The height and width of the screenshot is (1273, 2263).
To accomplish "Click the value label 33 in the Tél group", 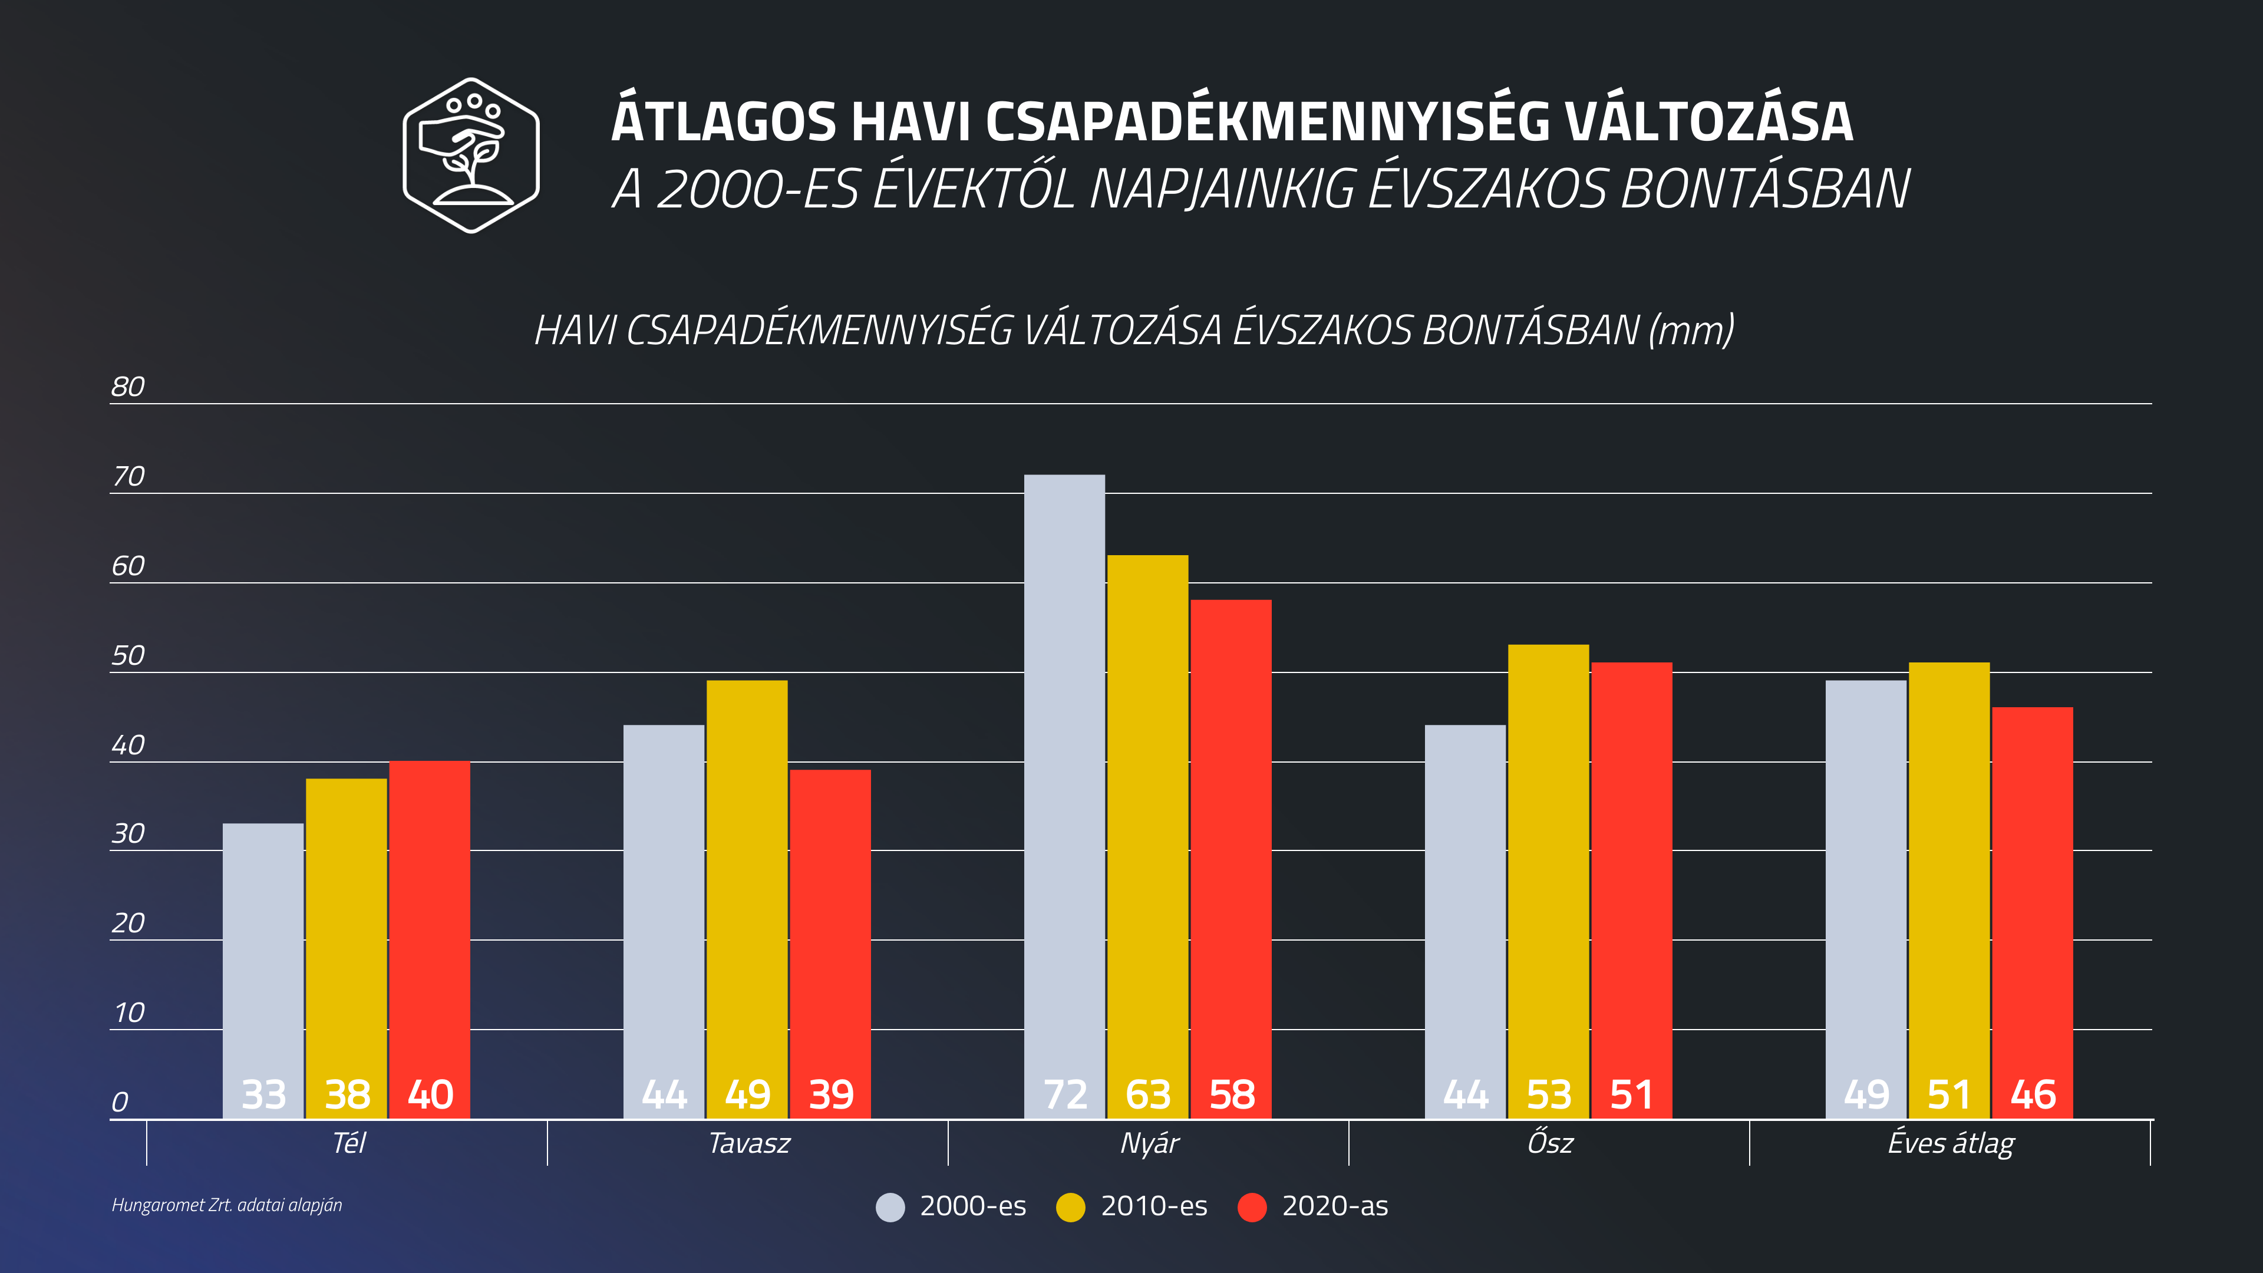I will [x=263, y=1094].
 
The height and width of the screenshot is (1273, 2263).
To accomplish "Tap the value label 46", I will [x=2033, y=1094].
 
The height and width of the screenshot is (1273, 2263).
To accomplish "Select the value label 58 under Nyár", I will [x=1232, y=1094].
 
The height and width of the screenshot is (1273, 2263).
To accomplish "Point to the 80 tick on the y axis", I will [x=127, y=387].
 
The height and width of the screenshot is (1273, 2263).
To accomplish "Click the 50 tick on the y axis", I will [x=127, y=655].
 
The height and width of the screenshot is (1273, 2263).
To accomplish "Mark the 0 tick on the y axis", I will [x=120, y=1101].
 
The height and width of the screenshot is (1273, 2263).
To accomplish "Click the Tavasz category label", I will [x=748, y=1143].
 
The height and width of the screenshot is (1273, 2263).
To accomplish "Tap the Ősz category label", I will [x=1550, y=1143].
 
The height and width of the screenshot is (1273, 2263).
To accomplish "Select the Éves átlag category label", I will [x=1950, y=1143].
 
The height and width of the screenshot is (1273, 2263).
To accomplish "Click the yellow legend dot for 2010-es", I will [x=1071, y=1207].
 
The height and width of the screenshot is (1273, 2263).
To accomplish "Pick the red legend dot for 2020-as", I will [x=1252, y=1207].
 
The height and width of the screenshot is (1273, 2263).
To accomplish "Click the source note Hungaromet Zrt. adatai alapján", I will [x=227, y=1205].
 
